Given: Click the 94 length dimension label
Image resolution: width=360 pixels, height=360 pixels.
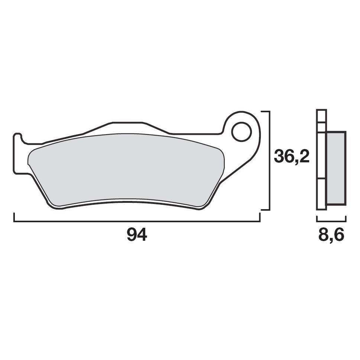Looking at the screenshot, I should point(137,235).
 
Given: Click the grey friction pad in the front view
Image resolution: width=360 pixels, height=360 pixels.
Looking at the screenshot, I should point(126,169).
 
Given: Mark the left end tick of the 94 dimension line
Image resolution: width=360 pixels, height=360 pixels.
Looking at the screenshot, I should point(14,218).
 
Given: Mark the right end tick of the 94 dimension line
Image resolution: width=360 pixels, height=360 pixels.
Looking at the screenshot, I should point(260,218).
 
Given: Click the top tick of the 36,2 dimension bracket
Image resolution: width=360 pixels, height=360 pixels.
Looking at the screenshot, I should point(265,111).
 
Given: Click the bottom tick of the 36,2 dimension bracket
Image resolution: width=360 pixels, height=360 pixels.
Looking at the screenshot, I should point(265,210).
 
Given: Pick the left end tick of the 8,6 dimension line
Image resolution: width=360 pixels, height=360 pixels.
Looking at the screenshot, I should point(317,219).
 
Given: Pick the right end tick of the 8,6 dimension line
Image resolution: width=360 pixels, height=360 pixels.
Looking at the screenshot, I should point(346,219).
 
